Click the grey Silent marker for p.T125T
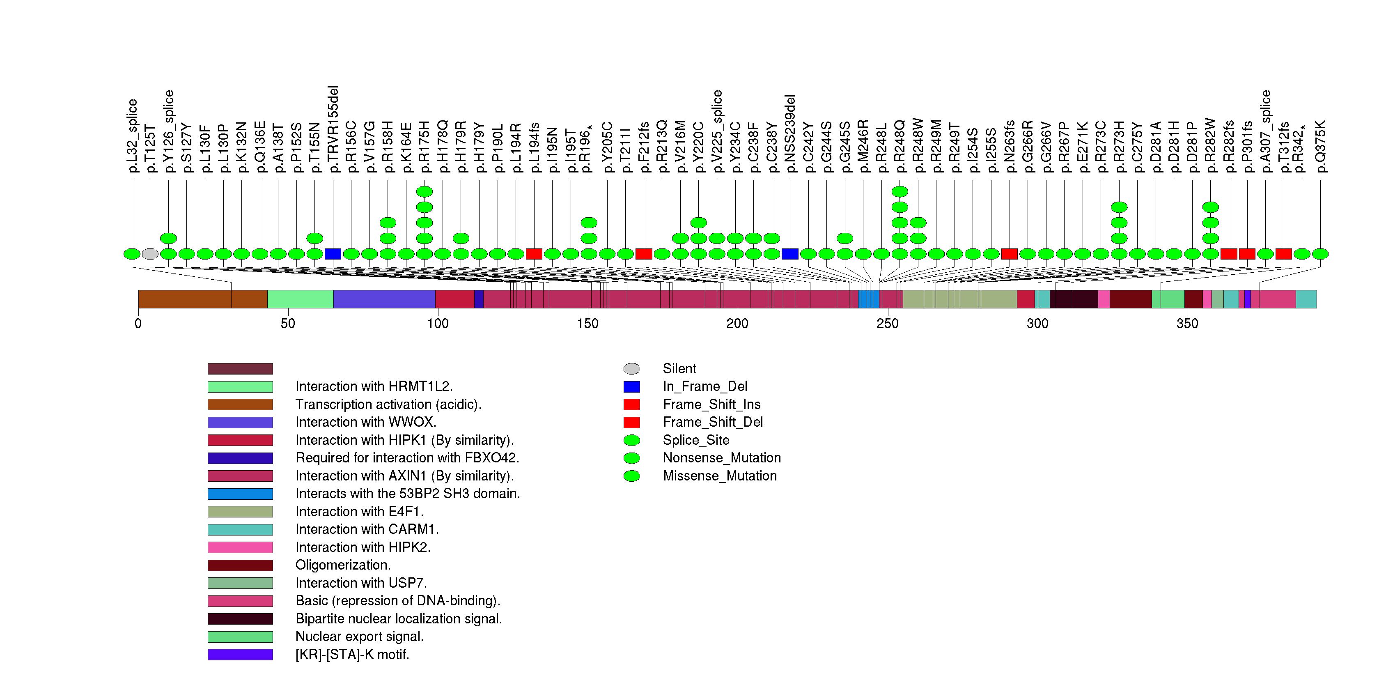click(150, 254)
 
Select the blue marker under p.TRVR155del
click(333, 254)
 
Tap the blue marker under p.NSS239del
click(790, 254)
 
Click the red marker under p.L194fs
click(534, 254)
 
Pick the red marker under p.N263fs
click(1010, 254)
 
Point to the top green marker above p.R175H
click(425, 191)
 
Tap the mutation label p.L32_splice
click(132, 136)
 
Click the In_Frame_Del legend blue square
click(632, 387)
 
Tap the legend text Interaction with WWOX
click(366, 422)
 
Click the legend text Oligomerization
click(343, 565)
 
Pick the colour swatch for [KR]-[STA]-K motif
click(240, 655)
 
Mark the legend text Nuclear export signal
click(359, 637)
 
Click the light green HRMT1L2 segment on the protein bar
click(300, 299)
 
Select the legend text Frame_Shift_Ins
click(711, 404)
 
